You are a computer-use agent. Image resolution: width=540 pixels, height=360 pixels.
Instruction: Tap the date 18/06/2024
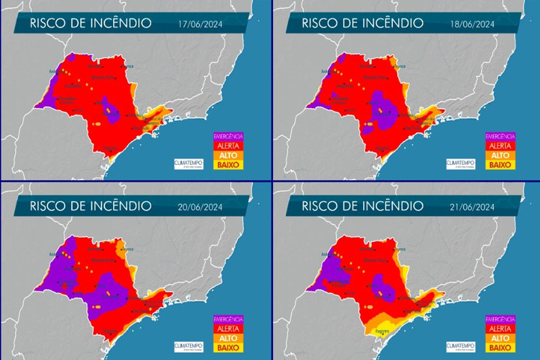(471, 25)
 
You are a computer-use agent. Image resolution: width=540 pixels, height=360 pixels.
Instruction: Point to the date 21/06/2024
(471, 206)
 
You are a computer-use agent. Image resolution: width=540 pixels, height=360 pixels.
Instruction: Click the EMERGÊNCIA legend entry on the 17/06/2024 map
(229, 135)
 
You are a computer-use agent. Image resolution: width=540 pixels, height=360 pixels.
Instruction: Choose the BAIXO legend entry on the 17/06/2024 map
(229, 165)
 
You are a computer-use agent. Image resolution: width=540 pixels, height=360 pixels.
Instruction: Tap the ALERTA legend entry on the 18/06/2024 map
(501, 146)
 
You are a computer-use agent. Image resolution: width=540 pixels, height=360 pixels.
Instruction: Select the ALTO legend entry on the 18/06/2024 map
(501, 155)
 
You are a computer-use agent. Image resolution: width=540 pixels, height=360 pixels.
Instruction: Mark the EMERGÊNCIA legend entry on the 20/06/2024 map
(229, 318)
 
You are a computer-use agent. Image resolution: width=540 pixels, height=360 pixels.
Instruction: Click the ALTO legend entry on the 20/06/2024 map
(229, 337)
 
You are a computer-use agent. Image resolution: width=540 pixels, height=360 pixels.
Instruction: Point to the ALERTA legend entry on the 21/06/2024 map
(501, 327)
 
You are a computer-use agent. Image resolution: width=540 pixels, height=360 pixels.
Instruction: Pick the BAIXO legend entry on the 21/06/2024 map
(501, 347)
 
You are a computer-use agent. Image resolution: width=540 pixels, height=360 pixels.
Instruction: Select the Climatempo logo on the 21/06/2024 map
(461, 344)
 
